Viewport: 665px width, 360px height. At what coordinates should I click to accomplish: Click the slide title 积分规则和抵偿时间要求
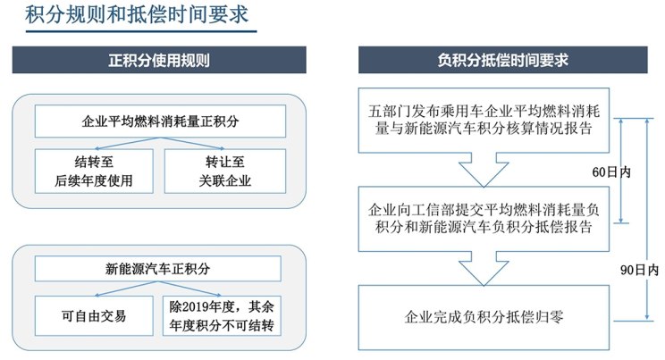[137, 14]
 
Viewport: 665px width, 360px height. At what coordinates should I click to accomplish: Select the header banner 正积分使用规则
[159, 60]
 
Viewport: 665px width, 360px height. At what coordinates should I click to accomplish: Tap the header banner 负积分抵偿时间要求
[502, 60]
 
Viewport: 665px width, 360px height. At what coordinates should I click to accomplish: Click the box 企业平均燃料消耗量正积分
[160, 121]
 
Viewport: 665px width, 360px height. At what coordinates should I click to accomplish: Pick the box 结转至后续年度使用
[94, 172]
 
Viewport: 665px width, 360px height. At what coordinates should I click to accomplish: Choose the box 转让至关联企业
[225, 172]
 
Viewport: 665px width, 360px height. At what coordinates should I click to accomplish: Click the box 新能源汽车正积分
[158, 268]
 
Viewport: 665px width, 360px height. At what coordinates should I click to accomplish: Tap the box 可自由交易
[94, 316]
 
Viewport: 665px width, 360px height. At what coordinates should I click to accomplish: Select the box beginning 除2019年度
[222, 316]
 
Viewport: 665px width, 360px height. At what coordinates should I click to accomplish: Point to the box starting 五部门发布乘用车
[484, 120]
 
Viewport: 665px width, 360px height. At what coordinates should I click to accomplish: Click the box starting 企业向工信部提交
[484, 219]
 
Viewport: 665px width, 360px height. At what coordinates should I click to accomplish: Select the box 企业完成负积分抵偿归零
[484, 317]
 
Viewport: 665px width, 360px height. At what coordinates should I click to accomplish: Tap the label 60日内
[611, 172]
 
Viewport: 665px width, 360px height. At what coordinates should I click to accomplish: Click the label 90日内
[639, 270]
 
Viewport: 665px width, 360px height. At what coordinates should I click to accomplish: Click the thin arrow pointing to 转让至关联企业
[192, 143]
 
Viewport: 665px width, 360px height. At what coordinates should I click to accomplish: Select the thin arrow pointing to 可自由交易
[126, 289]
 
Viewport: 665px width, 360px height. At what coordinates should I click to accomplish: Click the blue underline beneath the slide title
[141, 31]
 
